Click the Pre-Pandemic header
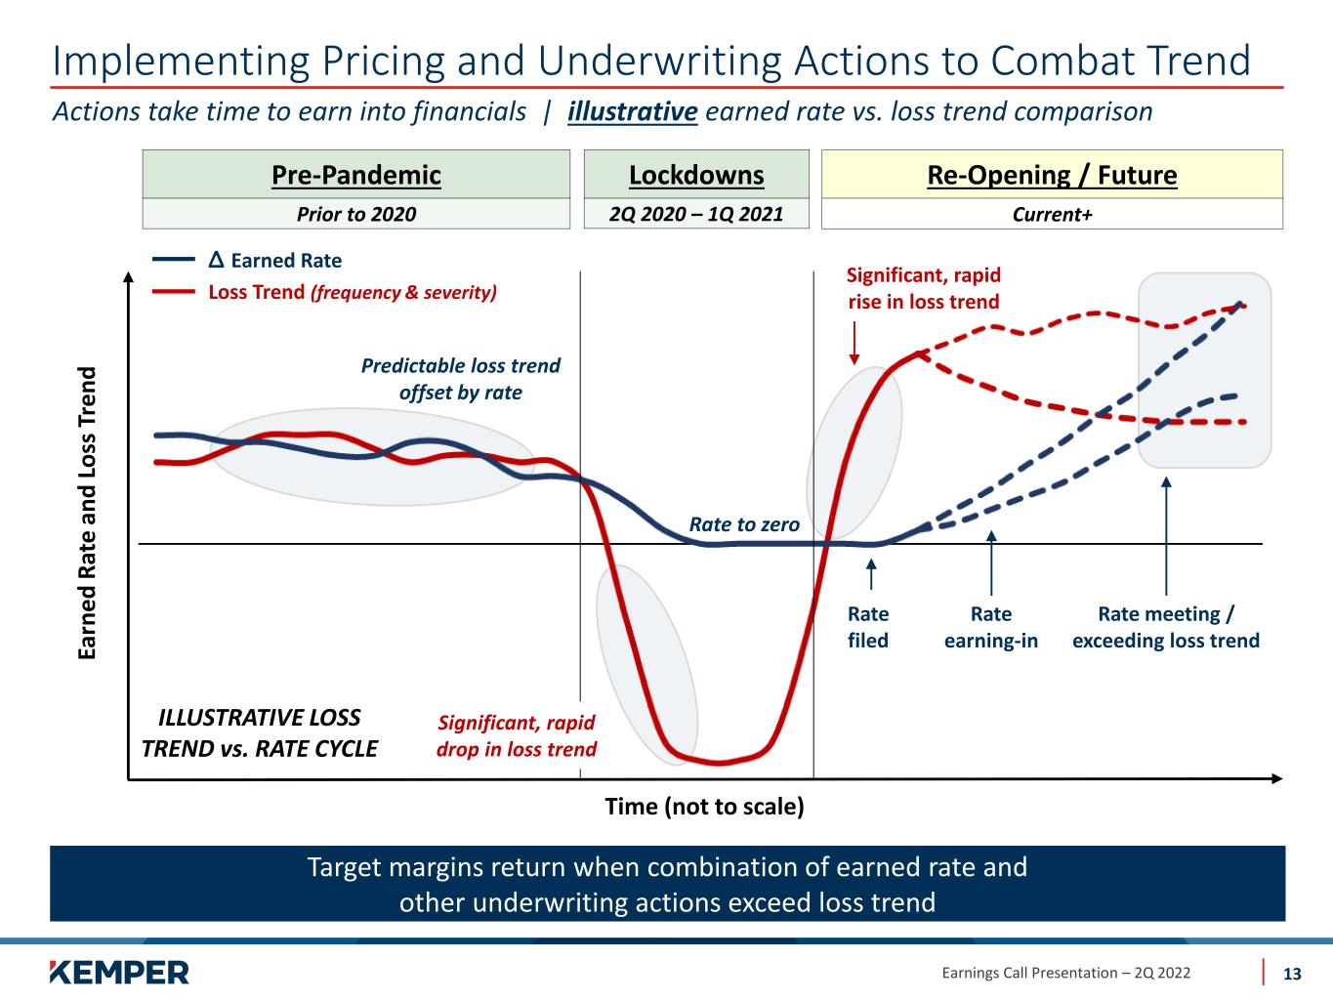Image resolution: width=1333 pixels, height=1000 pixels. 355,175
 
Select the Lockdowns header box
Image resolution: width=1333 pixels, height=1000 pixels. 696,174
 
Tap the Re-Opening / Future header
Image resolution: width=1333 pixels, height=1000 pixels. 1052,175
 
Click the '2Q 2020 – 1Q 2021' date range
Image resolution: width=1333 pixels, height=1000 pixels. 696,214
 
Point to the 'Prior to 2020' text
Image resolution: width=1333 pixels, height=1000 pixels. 355,214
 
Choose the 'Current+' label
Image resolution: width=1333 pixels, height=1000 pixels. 1052,214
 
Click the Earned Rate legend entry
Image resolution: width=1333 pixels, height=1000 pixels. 247,261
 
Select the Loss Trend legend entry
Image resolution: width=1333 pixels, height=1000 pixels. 324,293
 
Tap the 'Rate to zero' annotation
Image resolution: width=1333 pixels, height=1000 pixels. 744,524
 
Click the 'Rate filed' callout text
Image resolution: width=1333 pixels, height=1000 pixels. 868,627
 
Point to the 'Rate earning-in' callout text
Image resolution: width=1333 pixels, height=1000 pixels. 991,627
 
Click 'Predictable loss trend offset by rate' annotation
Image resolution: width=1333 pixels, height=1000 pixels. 460,379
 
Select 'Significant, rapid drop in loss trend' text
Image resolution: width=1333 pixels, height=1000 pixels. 517,736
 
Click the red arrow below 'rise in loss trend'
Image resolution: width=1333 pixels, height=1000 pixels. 854,343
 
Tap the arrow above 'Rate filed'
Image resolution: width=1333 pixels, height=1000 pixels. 871,574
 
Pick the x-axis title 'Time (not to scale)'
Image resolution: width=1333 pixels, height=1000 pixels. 704,807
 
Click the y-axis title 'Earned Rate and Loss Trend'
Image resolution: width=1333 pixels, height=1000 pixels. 88,513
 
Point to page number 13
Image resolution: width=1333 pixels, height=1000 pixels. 1292,974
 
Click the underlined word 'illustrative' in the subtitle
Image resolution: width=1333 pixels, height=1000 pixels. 632,111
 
